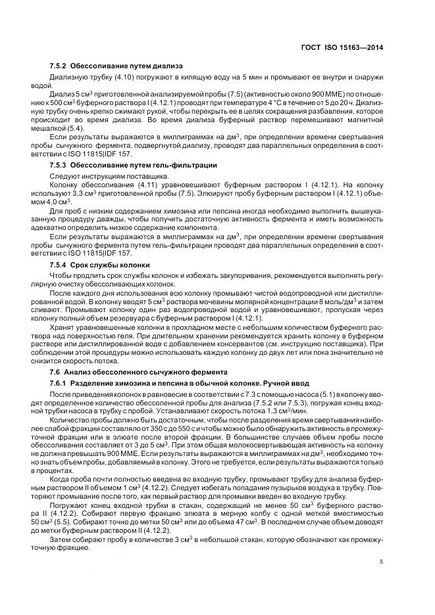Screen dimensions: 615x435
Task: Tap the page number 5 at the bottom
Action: tap(382, 562)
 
